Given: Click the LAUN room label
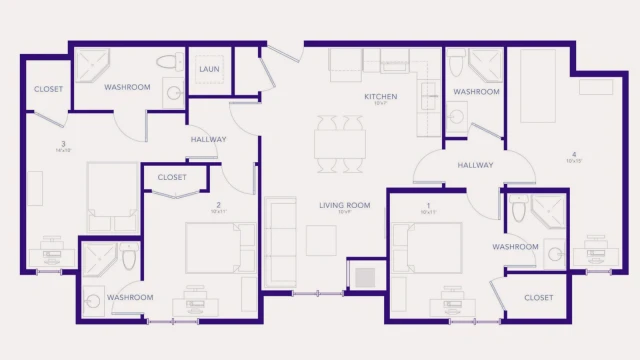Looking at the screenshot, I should point(209,69).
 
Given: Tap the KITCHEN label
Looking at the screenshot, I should point(380,96).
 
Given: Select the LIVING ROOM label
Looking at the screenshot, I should point(345,205).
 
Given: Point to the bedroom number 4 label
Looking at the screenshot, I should point(573,153).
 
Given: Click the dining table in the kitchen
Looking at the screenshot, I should point(340,139).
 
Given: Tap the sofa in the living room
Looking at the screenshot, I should point(280,240).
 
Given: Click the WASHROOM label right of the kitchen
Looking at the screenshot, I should point(476,92).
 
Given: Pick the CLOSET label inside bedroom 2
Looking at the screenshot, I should point(172,178).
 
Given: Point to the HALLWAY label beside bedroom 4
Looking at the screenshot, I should point(476,165).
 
